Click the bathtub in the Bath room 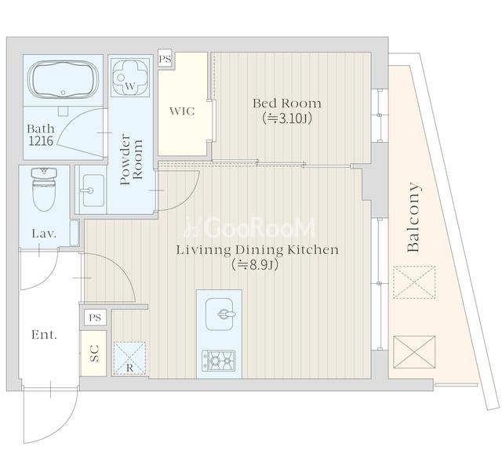pos(63,78)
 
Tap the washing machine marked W pos(130,77)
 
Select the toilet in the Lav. pos(44,190)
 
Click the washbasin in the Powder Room pos(93,191)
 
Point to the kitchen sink pos(220,314)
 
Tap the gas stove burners pos(218,361)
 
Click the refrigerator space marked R pos(129,358)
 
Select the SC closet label pos(94,354)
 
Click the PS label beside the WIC pos(165,59)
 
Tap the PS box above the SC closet pos(95,318)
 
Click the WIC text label pos(182,111)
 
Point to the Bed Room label pos(287,104)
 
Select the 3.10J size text pos(287,118)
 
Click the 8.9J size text pos(255,265)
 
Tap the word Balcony pos(413,217)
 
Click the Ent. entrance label pos(44,335)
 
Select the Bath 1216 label pos(41,135)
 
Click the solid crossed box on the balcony pos(414,352)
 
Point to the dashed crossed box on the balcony pos(414,282)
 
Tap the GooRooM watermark pos(250,227)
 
